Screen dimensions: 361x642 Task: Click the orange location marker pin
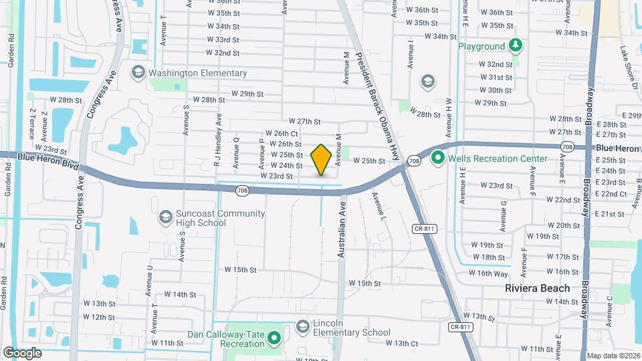tap(322, 160)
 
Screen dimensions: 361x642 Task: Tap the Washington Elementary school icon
tap(138, 73)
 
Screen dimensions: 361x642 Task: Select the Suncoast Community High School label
tap(211, 218)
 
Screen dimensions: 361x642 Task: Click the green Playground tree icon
tap(515, 46)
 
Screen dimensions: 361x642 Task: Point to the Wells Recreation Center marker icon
tap(438, 158)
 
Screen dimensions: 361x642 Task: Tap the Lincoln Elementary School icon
tap(303, 326)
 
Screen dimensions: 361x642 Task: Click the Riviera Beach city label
tap(537, 288)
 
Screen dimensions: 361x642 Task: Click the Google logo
tap(22, 353)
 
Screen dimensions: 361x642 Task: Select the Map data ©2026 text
tap(613, 356)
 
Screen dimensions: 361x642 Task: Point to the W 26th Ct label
tap(281, 134)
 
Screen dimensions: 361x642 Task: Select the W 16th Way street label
tap(489, 273)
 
